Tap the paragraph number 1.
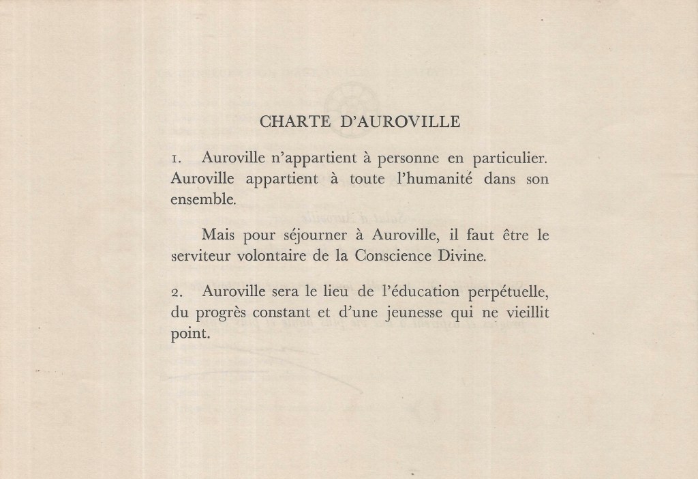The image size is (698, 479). [x=175, y=159]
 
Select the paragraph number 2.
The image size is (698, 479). [x=175, y=292]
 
